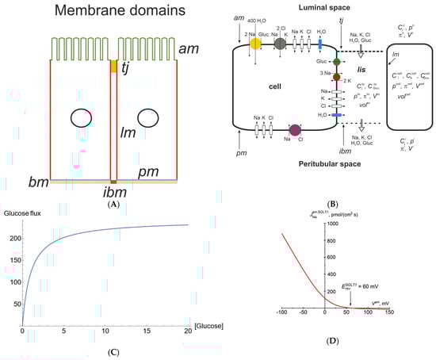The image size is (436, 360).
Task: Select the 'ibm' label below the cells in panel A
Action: point(114,192)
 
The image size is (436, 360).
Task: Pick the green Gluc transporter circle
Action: point(337,61)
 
